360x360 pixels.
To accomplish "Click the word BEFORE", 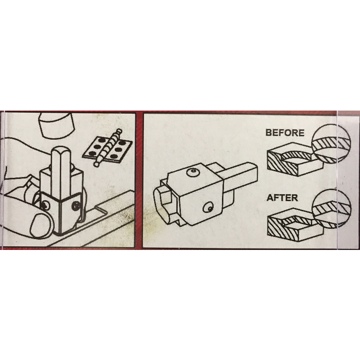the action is (x=285, y=133).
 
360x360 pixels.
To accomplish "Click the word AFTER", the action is (x=282, y=197).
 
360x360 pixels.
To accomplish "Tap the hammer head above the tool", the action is (x=58, y=125).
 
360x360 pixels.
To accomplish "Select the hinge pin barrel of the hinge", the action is (x=107, y=147).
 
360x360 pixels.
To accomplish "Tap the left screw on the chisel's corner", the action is (x=45, y=205).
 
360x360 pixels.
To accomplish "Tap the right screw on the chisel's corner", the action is (x=76, y=206).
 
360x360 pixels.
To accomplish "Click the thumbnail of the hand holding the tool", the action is (x=40, y=225).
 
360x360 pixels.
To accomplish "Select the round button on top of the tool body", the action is (x=192, y=172).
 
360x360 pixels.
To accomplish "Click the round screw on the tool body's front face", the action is (x=208, y=208).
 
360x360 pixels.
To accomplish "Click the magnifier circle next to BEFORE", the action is (x=331, y=143).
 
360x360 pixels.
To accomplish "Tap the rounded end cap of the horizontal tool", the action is (x=163, y=204).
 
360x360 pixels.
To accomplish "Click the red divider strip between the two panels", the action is (x=139, y=180).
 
